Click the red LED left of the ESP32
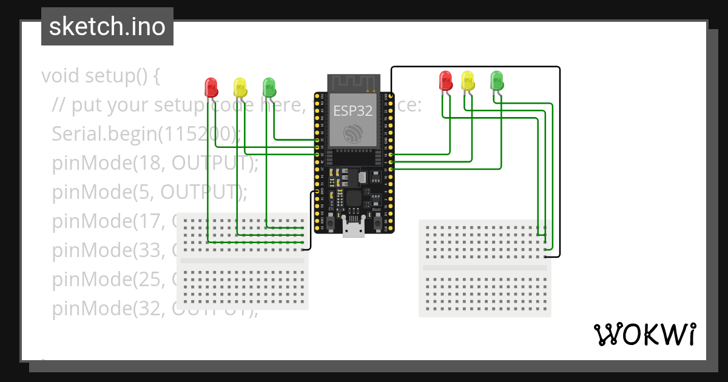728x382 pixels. (x=211, y=86)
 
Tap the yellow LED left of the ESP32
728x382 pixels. (x=240, y=86)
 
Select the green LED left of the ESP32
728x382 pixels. (x=269, y=86)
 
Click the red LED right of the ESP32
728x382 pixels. (x=445, y=80)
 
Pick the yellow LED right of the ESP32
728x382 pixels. (x=468, y=80)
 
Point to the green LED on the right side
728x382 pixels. (x=497, y=80)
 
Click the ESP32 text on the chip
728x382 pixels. (x=352, y=111)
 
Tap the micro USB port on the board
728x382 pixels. (x=353, y=229)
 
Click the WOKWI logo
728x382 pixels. (x=644, y=334)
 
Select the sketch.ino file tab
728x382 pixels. (x=107, y=27)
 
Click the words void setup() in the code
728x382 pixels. (x=101, y=76)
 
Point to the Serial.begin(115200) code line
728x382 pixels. (x=146, y=134)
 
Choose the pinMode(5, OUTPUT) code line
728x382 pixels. (x=150, y=192)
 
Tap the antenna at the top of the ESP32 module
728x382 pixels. (x=353, y=82)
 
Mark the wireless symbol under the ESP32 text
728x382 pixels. (x=352, y=134)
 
